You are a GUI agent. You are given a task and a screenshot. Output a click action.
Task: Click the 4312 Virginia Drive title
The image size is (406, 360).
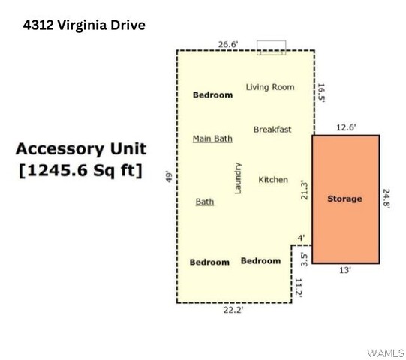84,25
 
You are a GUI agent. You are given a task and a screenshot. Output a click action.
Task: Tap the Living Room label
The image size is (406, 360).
270,87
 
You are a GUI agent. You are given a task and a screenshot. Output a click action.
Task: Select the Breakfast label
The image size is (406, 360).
272,130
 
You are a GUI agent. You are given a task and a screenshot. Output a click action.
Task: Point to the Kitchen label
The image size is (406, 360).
273,179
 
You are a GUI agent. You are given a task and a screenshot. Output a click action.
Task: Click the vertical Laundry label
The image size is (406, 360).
238,178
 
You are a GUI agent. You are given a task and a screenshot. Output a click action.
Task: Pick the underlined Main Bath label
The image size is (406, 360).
212,139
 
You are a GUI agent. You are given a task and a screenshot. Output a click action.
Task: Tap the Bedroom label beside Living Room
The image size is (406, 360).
212,94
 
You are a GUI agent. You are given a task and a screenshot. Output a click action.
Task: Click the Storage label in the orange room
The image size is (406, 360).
344,199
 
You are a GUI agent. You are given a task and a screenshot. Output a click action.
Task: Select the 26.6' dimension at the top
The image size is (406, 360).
228,44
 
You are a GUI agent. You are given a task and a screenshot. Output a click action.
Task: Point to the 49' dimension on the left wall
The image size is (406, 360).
169,176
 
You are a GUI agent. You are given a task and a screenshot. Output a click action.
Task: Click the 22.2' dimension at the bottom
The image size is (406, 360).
233,310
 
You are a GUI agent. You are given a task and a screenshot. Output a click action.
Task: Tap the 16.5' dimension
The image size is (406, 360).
321,93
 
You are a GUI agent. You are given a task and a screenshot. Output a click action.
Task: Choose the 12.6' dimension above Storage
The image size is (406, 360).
346,127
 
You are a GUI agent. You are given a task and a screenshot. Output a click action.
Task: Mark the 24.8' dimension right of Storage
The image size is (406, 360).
386,199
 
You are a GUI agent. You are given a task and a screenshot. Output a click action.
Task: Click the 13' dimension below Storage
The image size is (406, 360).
345,270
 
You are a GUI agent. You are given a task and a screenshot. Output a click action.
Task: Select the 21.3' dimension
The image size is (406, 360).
305,190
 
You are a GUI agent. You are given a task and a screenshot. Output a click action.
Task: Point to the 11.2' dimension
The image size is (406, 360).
299,288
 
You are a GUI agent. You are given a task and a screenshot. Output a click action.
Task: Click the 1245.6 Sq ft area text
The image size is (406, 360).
81,170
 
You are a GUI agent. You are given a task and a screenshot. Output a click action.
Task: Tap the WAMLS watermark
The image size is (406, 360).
386,353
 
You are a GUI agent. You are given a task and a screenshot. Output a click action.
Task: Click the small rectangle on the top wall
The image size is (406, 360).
272,47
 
